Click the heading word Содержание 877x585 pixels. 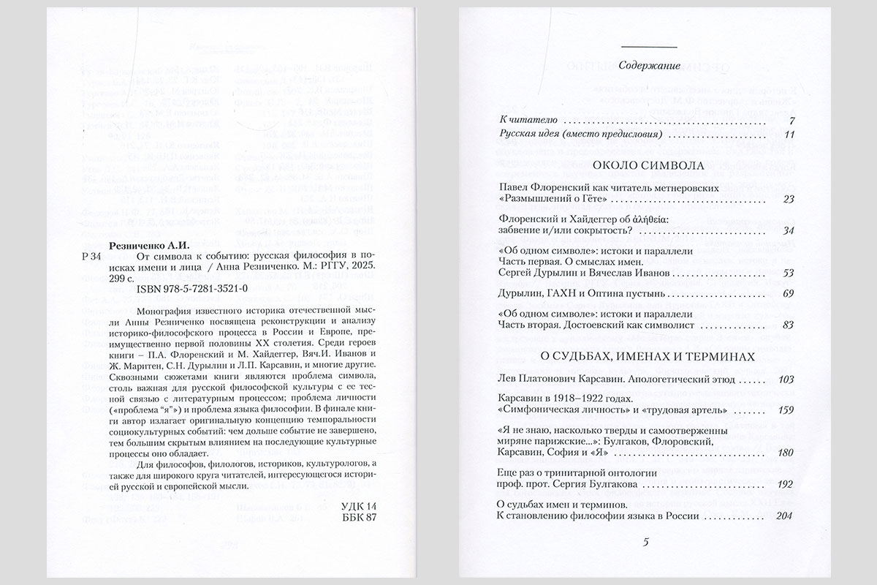(650, 65)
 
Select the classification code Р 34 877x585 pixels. (85, 260)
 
